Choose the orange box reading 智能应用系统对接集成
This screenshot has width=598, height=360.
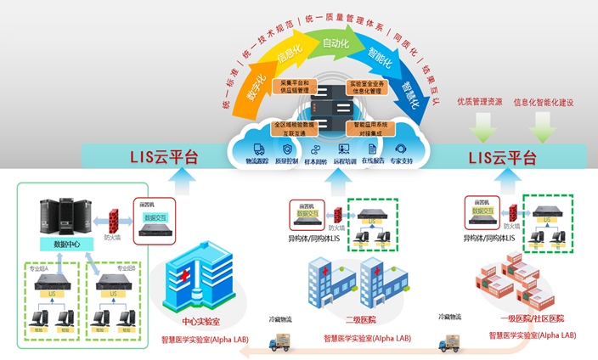[372, 129]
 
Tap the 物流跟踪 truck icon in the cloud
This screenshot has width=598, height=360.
[256, 149]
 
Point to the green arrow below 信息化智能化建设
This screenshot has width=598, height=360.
[543, 127]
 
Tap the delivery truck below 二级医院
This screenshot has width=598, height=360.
[284, 344]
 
